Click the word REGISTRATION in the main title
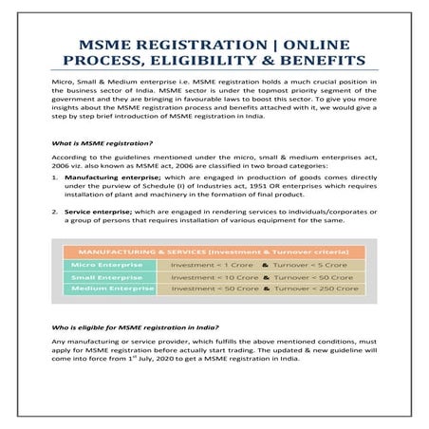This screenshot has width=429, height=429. click(182, 44)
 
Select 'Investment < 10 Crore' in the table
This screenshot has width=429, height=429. click(205, 277)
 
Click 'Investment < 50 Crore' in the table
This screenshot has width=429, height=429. click(205, 290)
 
